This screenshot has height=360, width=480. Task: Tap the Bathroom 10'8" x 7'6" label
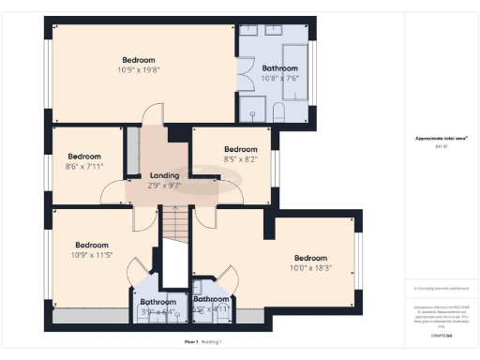(280, 73)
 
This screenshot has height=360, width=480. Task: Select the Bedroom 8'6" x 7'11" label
(84, 161)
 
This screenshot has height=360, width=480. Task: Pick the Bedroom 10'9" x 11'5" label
(92, 249)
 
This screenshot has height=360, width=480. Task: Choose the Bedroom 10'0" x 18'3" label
(311, 262)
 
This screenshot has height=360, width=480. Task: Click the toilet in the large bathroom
(279, 112)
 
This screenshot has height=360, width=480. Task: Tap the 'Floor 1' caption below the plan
(191, 342)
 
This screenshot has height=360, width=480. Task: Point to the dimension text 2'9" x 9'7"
(164, 186)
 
